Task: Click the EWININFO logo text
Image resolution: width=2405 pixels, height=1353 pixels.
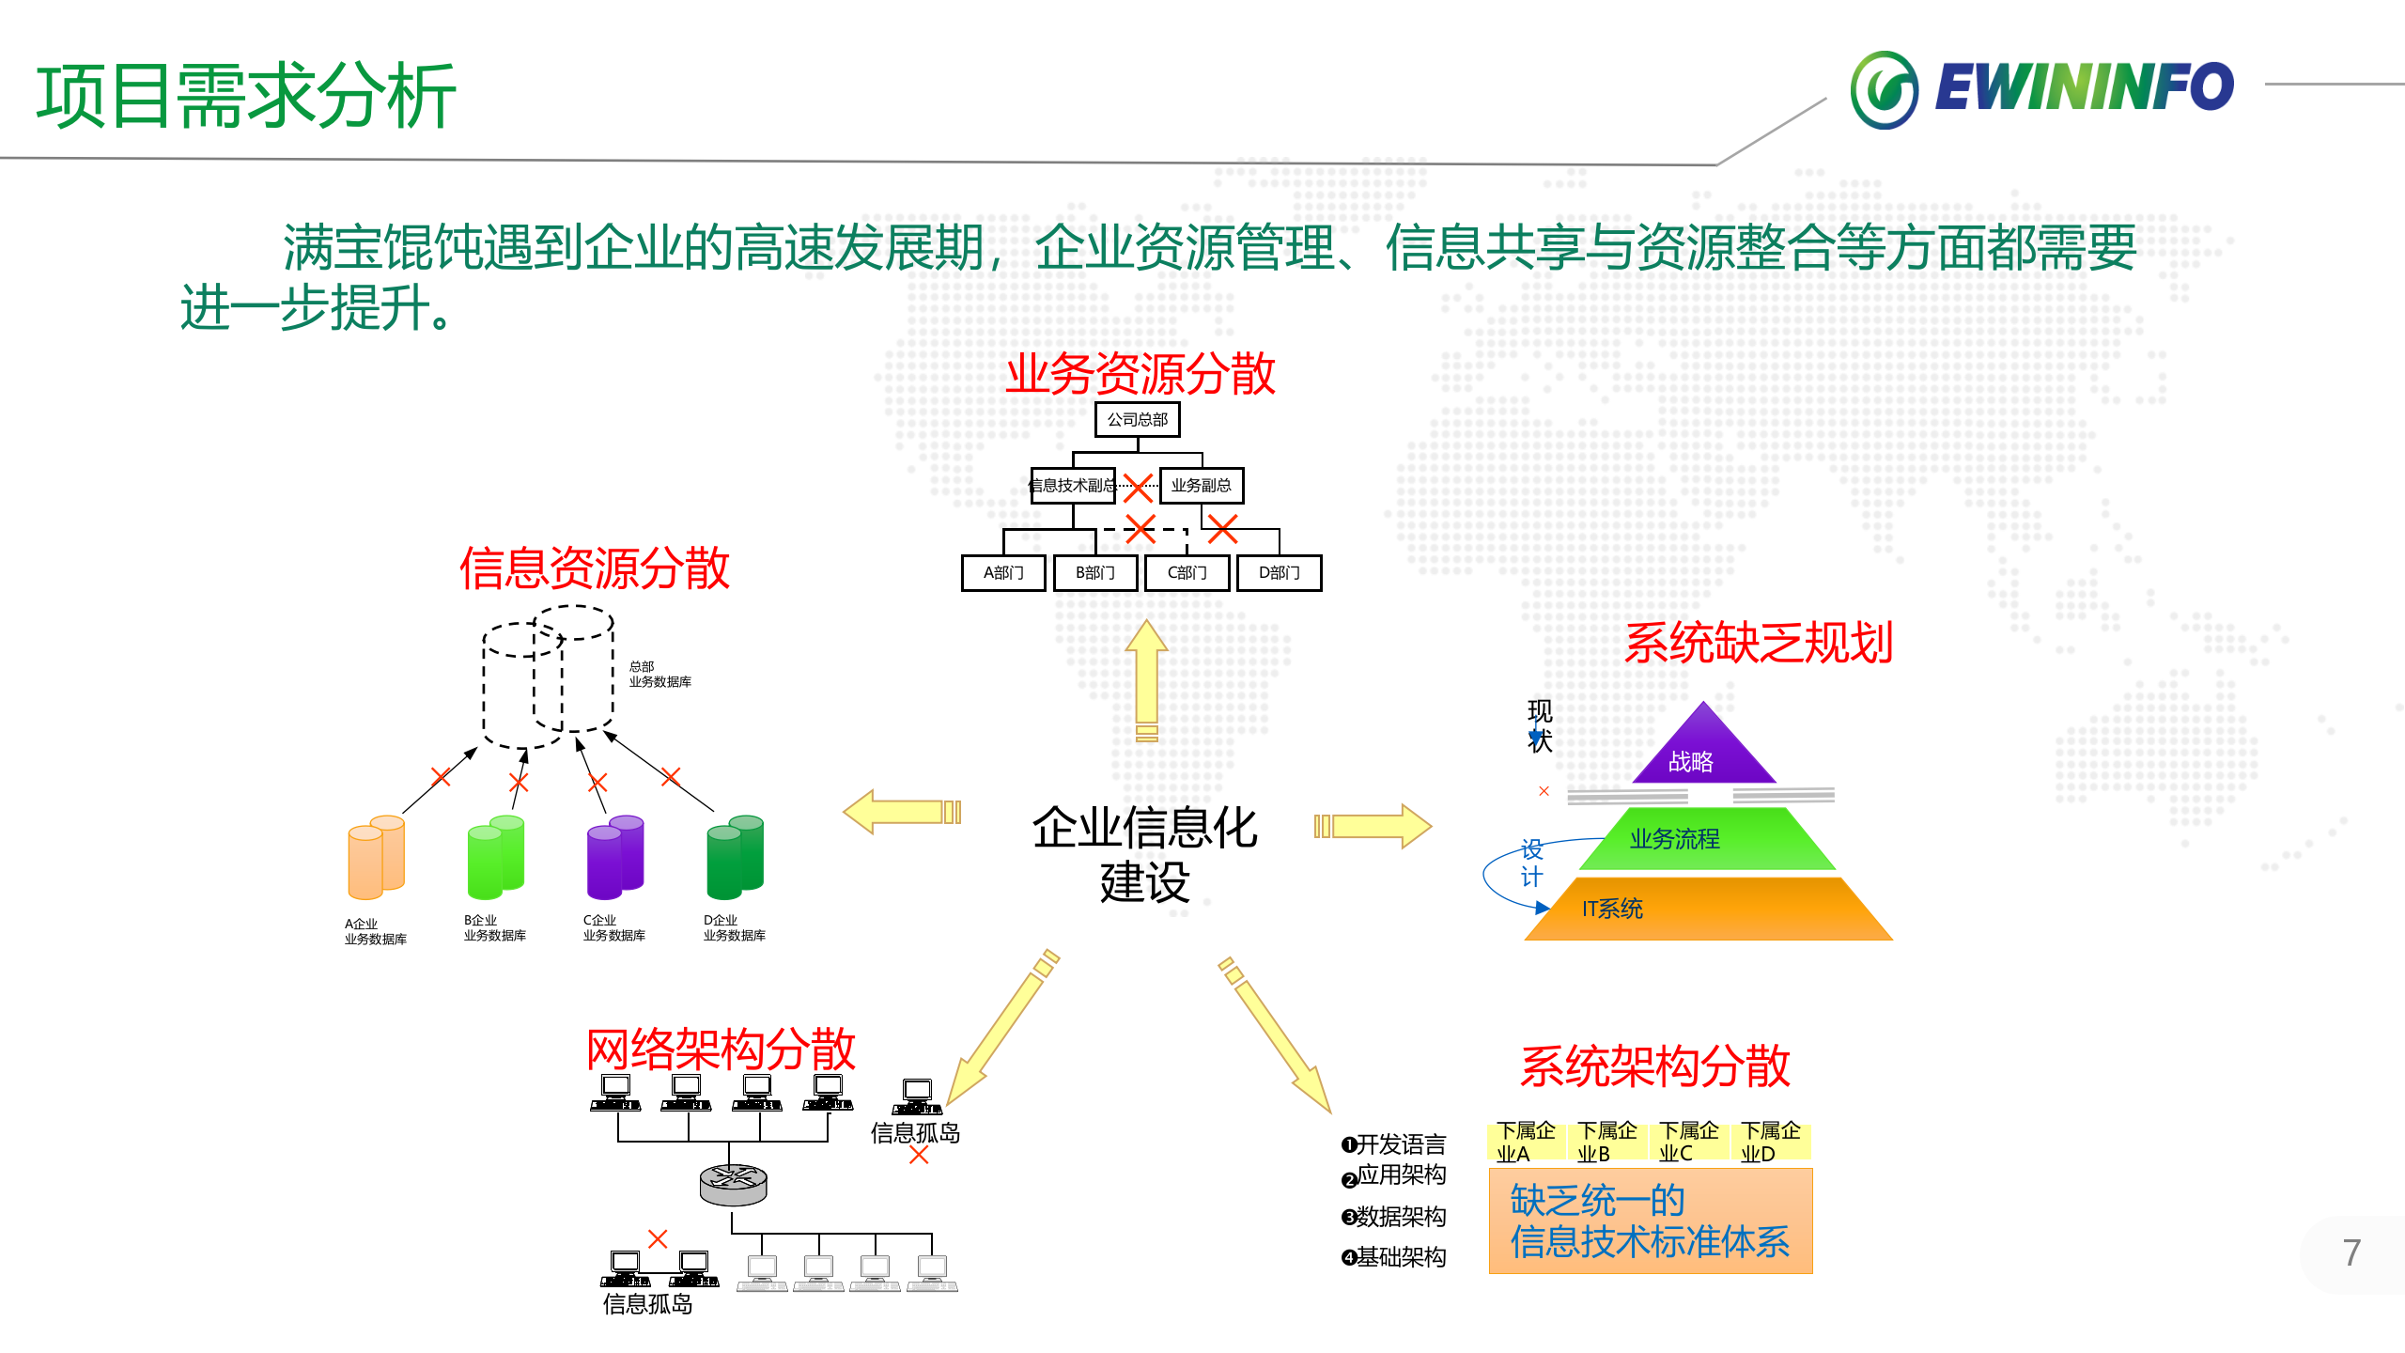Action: [x=2084, y=87]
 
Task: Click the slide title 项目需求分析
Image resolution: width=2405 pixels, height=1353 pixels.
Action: [x=246, y=96]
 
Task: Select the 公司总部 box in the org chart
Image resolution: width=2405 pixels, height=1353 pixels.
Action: [x=1137, y=419]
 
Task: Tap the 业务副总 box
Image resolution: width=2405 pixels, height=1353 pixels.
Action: [x=1201, y=485]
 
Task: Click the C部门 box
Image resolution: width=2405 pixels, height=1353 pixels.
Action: [x=1187, y=572]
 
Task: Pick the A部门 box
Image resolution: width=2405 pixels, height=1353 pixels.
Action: [x=1002, y=572]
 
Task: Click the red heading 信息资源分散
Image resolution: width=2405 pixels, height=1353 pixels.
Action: [x=594, y=568]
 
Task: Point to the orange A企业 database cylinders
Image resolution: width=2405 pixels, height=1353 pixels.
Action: [x=376, y=857]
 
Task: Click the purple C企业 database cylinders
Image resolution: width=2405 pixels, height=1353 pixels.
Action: [x=614, y=857]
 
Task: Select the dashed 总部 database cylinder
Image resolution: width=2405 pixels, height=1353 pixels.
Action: [x=548, y=676]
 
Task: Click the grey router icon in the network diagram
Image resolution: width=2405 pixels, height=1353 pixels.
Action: [x=733, y=1185]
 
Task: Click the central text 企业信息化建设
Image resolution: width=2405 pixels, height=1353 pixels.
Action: [x=1144, y=853]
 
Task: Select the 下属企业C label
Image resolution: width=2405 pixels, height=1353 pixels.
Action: [x=1687, y=1142]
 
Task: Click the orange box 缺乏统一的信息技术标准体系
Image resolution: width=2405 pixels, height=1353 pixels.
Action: [x=1650, y=1221]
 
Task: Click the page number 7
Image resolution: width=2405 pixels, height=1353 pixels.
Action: [x=2351, y=1252]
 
